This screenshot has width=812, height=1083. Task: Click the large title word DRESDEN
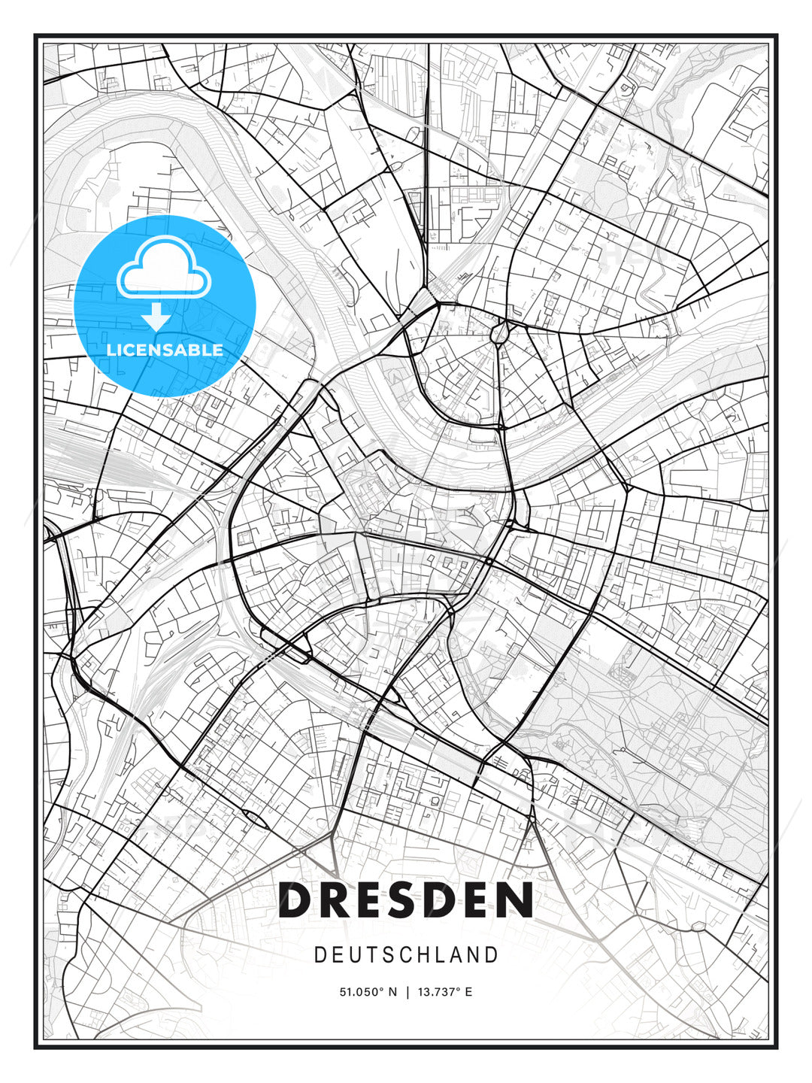(406, 900)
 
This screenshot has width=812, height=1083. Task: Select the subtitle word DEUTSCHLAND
(406, 955)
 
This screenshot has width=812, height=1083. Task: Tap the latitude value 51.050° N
(368, 992)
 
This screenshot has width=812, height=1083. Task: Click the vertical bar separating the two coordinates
(407, 992)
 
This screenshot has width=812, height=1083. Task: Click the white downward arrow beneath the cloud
(156, 316)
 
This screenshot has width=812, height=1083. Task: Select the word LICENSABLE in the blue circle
(165, 350)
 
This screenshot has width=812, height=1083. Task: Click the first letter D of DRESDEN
(296, 900)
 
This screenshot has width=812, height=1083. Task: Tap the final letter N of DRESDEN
(517, 900)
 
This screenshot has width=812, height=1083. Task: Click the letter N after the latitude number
(392, 992)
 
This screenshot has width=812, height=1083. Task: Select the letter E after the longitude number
(469, 992)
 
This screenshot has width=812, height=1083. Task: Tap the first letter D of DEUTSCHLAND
(320, 955)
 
